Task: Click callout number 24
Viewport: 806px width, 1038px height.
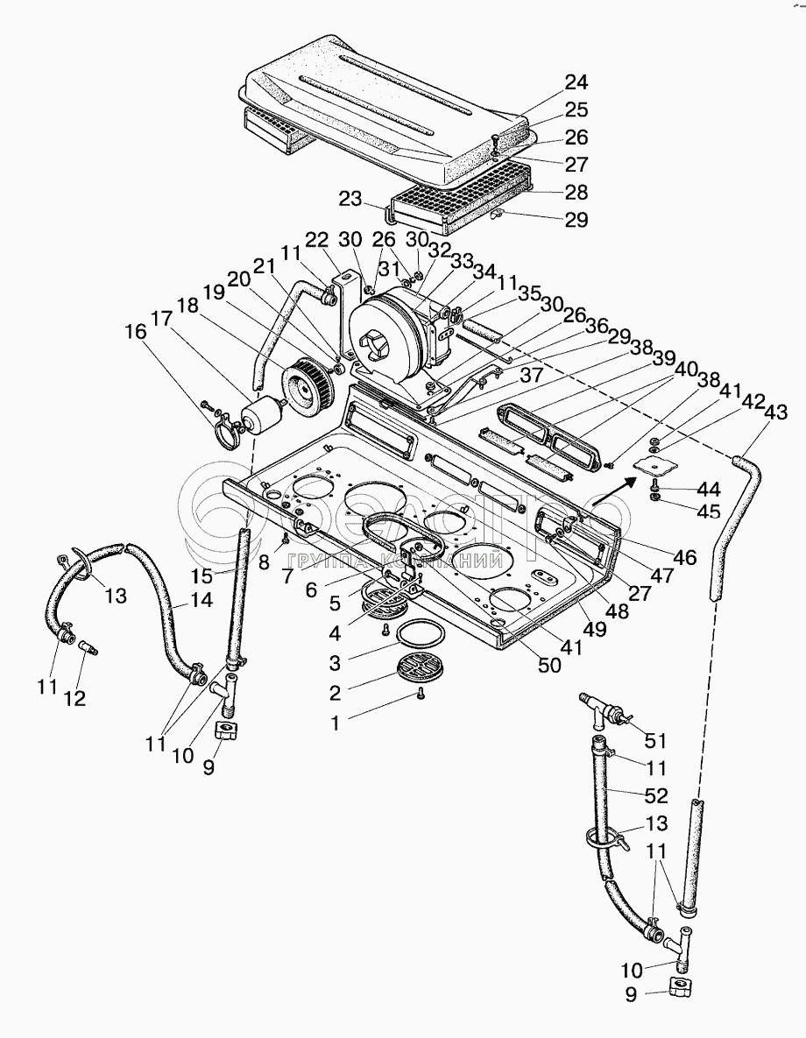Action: point(576,82)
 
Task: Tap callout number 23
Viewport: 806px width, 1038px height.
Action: point(351,199)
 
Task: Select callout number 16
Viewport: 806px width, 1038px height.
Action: point(137,332)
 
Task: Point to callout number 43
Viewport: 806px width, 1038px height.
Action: point(775,412)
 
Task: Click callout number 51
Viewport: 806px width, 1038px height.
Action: point(655,741)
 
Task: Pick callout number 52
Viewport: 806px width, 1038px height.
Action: point(656,795)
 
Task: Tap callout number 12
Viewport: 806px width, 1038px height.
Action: point(75,698)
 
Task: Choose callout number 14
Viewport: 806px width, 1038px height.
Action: point(201,600)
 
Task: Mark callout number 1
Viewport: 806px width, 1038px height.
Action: point(336,723)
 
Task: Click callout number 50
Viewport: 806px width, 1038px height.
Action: point(549,665)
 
